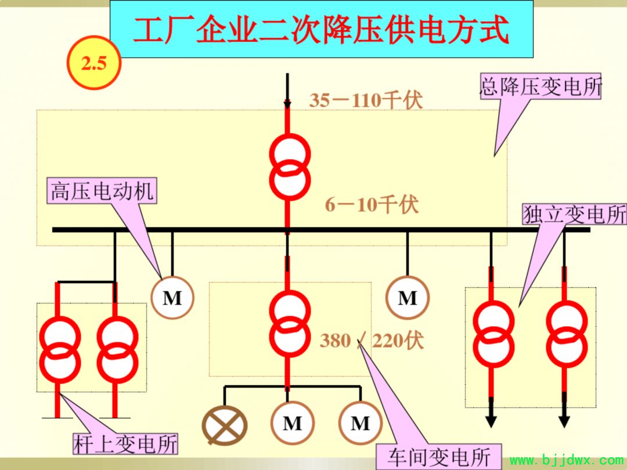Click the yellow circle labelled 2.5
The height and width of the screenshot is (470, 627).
click(94, 62)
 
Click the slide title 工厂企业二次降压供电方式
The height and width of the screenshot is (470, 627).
click(321, 30)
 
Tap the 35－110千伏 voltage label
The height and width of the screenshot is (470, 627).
click(366, 100)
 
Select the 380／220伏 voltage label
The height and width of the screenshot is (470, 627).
click(372, 341)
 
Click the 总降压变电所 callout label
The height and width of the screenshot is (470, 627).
click(540, 86)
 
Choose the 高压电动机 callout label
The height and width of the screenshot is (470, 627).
click(102, 191)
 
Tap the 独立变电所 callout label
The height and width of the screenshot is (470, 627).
click(575, 214)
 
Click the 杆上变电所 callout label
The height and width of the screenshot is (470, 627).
click(125, 444)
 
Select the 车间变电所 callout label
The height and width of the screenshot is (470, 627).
click(439, 457)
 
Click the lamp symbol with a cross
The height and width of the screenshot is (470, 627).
click(225, 425)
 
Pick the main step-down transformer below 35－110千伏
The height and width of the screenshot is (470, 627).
click(290, 167)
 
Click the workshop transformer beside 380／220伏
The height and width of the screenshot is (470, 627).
click(290, 324)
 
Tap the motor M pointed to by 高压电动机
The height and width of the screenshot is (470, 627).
click(172, 298)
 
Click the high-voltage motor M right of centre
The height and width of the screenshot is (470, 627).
click(408, 298)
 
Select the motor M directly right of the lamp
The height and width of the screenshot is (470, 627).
click(292, 423)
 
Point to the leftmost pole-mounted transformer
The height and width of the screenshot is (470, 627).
click(60, 350)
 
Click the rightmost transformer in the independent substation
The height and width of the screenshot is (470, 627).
click(567, 334)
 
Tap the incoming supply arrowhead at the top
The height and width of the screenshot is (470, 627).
click(287, 104)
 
